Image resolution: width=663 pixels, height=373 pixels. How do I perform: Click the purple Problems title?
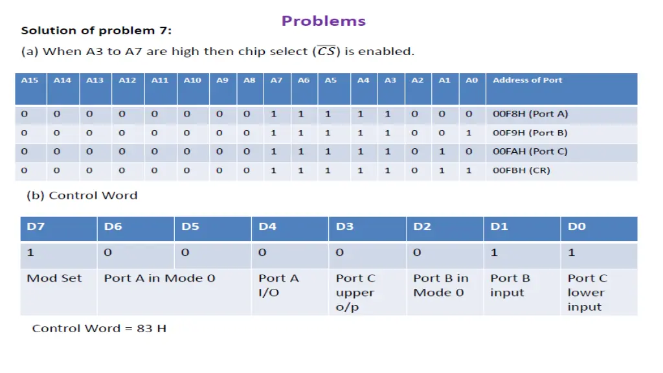pos(323,21)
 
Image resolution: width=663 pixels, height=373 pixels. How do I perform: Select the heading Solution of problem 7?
pos(96,30)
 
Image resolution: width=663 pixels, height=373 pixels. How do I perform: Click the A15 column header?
pos(30,80)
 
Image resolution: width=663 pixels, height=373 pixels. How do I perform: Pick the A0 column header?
pos(471,80)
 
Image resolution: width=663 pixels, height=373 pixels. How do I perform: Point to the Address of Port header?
pos(527,80)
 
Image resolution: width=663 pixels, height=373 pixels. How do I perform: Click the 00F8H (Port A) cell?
pos(530,114)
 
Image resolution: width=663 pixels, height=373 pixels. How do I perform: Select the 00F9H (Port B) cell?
pos(530,133)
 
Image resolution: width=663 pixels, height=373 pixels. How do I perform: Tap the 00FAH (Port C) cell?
pos(530,152)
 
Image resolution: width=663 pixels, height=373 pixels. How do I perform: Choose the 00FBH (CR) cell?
pos(521,170)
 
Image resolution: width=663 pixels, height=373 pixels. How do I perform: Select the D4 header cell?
pos(267,227)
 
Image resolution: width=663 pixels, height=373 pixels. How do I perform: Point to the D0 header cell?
pos(577,227)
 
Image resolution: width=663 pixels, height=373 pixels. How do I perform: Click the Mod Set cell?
pos(54,278)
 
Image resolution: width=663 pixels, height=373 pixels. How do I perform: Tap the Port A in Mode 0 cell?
pos(159,278)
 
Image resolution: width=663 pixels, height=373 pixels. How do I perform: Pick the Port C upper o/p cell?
pos(355,292)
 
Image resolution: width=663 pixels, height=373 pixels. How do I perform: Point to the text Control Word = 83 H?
pos(99,328)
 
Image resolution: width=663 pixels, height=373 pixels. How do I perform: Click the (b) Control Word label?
pos(82,196)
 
